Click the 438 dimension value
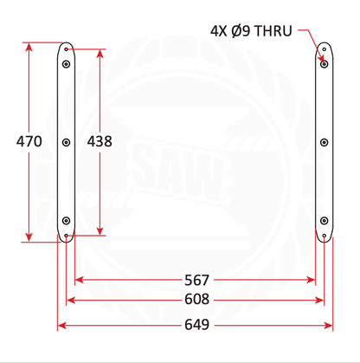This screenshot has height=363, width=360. pyautogui.click(x=100, y=139)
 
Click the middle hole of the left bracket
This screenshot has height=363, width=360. pyautogui.click(x=66, y=141)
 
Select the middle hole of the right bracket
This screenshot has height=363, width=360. pyautogui.click(x=324, y=141)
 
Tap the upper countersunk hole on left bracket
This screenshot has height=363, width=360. pyautogui.click(x=66, y=64)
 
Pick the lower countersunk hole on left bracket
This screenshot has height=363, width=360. pyautogui.click(x=66, y=219)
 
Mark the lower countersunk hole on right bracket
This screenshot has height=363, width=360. pyautogui.click(x=324, y=219)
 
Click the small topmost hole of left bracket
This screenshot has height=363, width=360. pyautogui.click(x=66, y=49)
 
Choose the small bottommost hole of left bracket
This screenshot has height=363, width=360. pyautogui.click(x=66, y=234)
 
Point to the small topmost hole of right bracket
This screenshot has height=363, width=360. pyautogui.click(x=324, y=49)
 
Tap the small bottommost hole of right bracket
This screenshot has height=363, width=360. pyautogui.click(x=324, y=234)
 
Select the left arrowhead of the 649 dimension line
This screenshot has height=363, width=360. pyautogui.click(x=61, y=326)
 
